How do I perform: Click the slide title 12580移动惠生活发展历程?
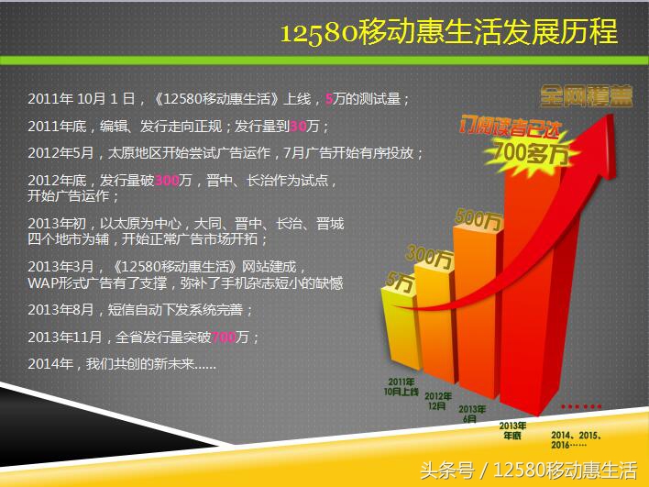[448, 34]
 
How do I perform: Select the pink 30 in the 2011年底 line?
[296, 126]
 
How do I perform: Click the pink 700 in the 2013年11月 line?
[223, 338]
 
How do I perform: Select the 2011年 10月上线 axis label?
[401, 385]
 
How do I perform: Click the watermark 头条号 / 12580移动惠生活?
[528, 470]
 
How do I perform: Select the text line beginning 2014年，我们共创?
[122, 364]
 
